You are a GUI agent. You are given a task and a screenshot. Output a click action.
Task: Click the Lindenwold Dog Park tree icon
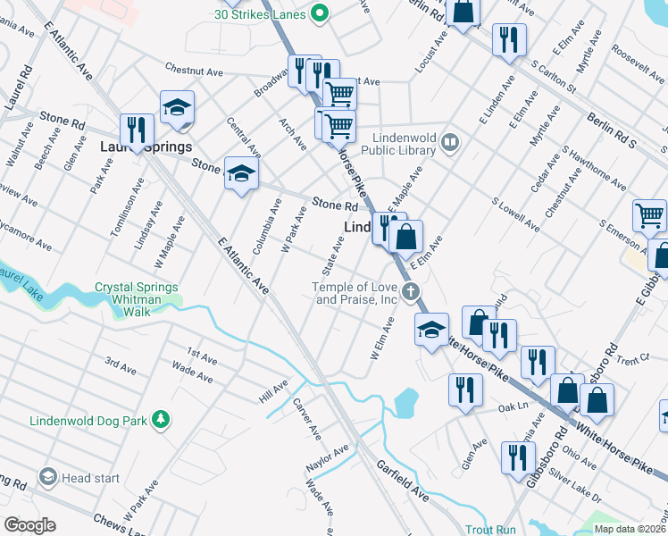click(x=160, y=419)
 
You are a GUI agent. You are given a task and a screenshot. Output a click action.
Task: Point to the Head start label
click(x=90, y=478)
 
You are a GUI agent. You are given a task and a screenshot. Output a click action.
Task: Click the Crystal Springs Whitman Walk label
click(x=137, y=293)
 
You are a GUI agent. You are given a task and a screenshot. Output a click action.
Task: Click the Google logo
click(x=29, y=525)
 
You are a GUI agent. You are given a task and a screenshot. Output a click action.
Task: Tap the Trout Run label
click(x=490, y=529)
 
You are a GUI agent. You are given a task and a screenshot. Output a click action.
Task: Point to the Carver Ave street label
click(x=307, y=418)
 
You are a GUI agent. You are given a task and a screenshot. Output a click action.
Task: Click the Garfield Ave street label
click(x=403, y=480)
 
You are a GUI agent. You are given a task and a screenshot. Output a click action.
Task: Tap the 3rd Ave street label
click(x=121, y=364)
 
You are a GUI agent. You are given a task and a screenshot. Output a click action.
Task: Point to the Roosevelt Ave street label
click(x=635, y=67)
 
